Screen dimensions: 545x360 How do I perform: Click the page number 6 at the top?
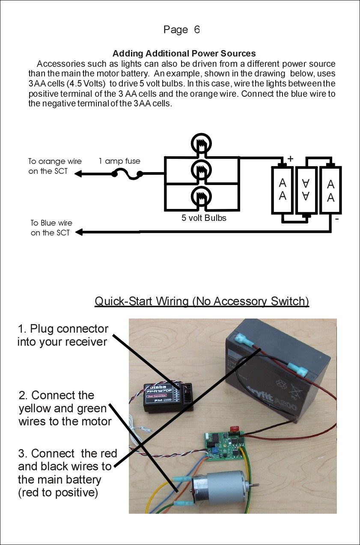(x=196, y=30)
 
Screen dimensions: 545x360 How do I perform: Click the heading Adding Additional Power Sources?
(x=184, y=54)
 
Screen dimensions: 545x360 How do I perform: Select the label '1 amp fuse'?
(x=119, y=161)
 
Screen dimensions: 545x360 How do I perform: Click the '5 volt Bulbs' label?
(x=204, y=218)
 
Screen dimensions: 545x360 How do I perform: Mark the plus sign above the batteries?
(x=291, y=159)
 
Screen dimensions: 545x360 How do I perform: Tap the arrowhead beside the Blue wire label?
(x=78, y=232)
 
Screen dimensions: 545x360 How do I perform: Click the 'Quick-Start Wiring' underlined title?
(x=202, y=301)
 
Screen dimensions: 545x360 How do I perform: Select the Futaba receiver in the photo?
(x=167, y=396)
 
